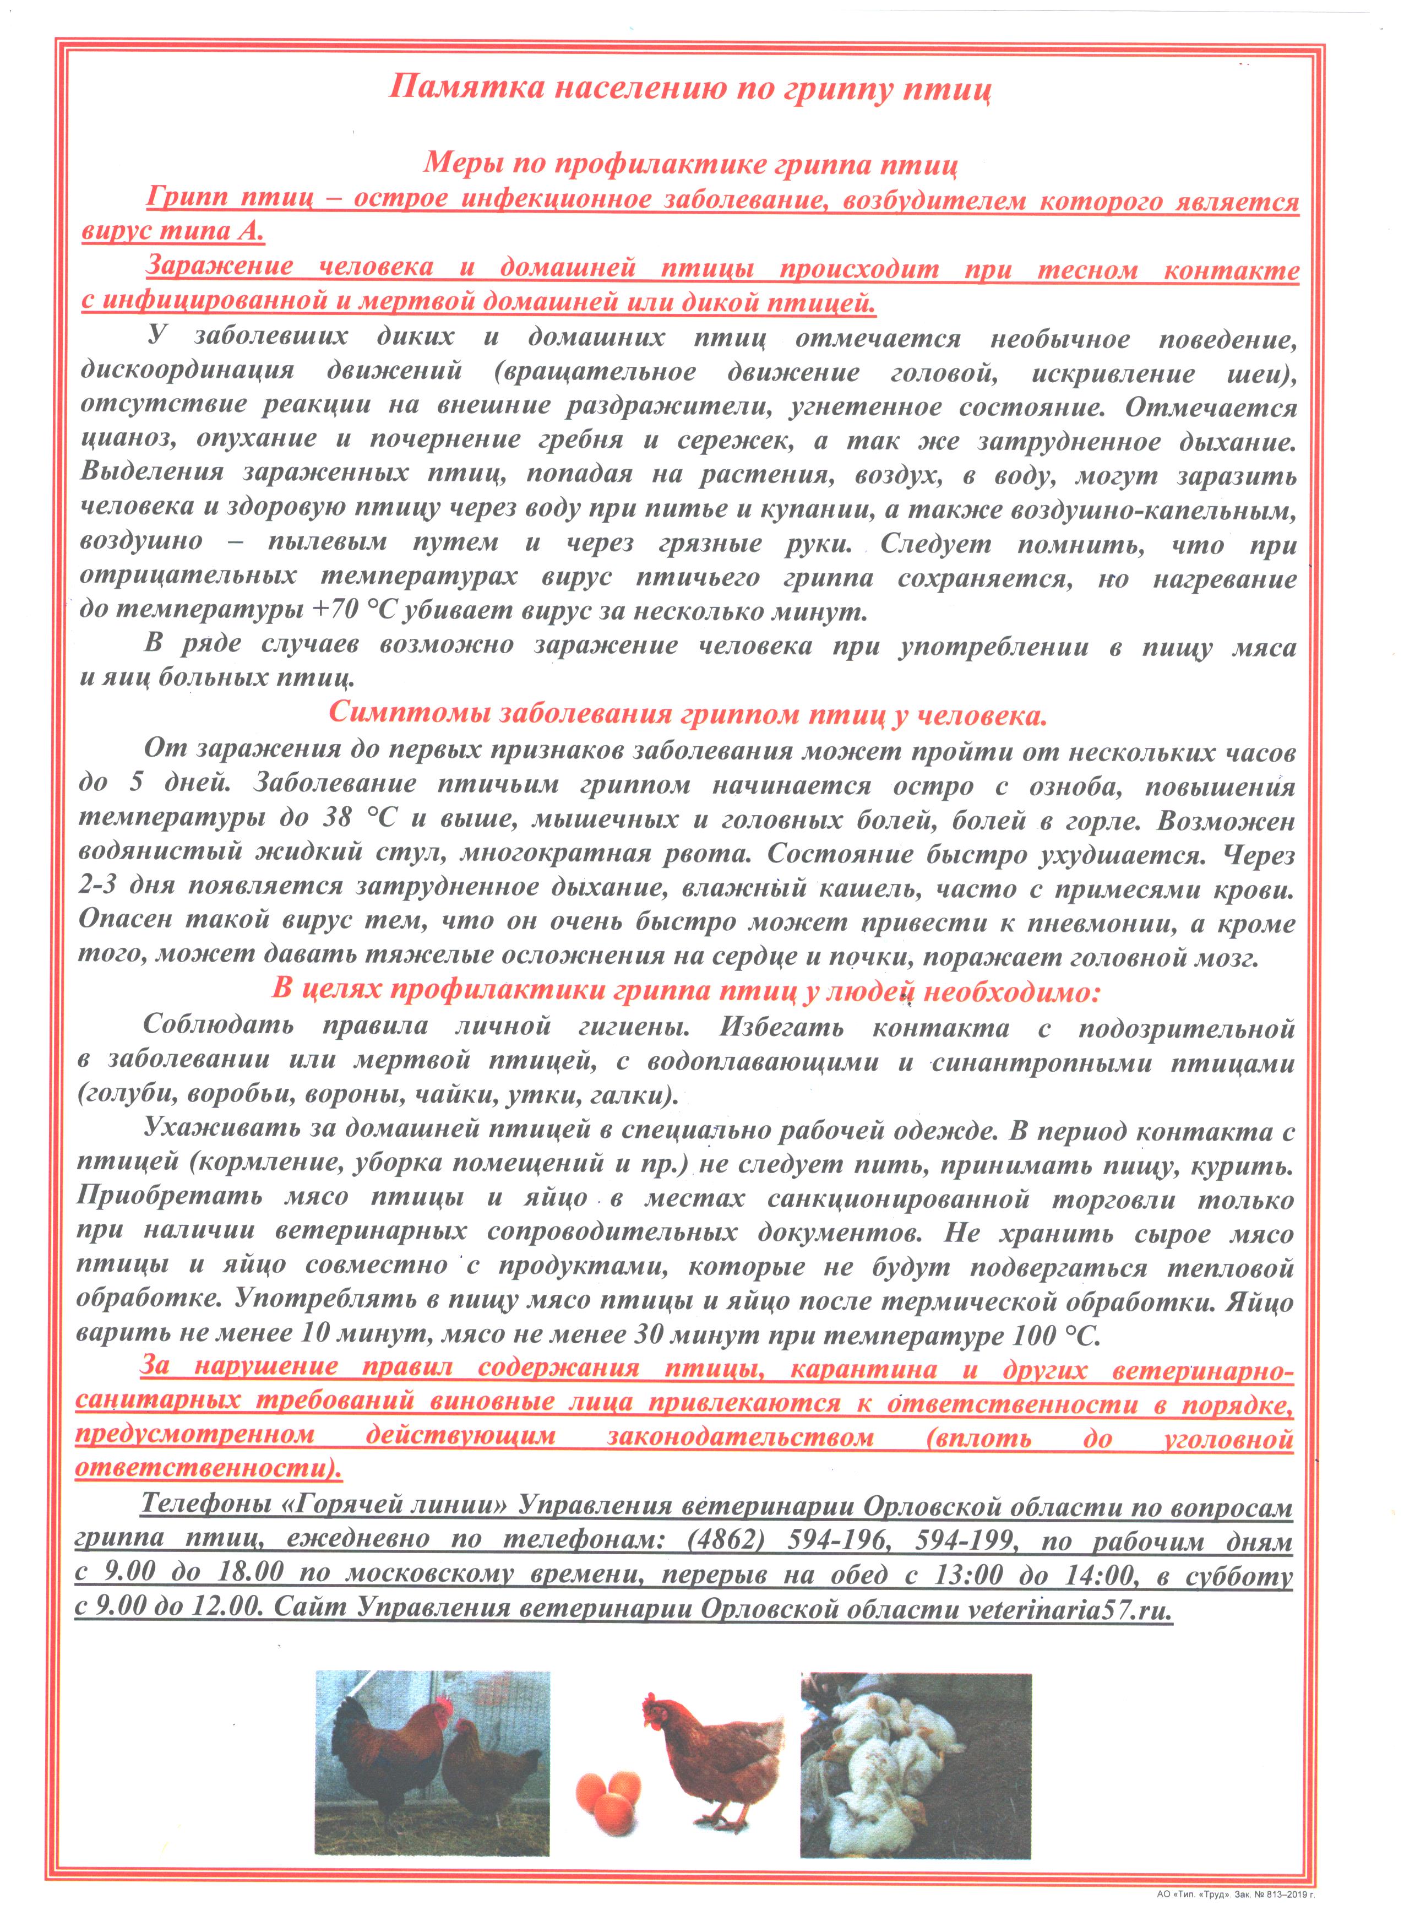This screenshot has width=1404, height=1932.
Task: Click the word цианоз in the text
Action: click(x=129, y=441)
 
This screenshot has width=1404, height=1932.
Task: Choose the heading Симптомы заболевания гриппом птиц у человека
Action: click(x=687, y=713)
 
